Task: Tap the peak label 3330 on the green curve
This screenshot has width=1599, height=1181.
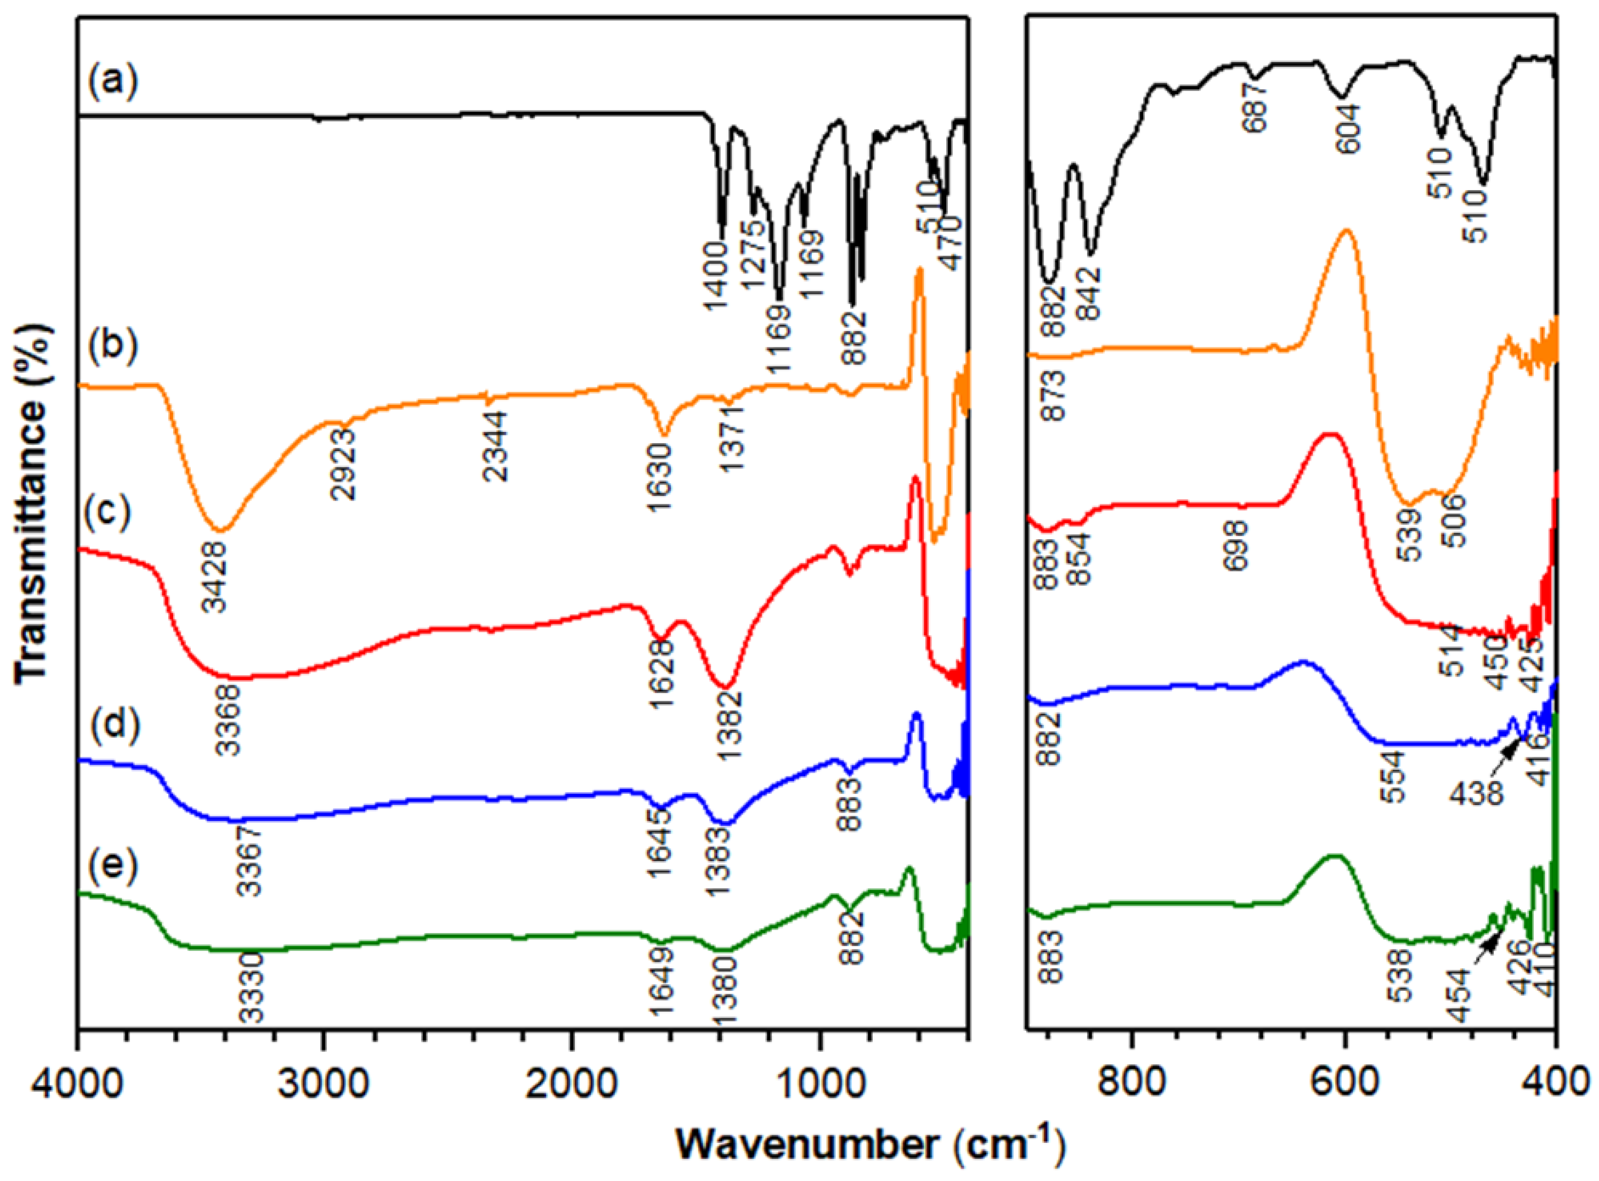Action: point(251,987)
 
